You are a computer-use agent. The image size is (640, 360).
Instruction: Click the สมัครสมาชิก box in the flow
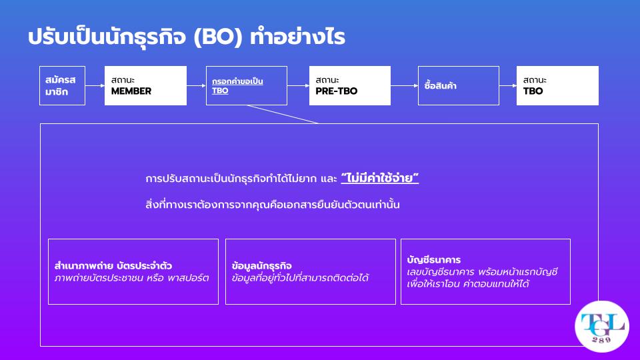62,86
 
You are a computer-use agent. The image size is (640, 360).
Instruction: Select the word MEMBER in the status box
131,91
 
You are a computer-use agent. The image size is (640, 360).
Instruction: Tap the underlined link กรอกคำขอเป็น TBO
237,86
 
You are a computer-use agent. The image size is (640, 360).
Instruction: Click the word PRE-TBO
336,91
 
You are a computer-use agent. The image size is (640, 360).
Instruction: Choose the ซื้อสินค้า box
459,86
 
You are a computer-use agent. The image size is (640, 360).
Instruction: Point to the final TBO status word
533,91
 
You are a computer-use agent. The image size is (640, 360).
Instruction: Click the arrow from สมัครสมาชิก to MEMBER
95,86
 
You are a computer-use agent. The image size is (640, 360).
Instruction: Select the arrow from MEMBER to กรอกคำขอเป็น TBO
196,86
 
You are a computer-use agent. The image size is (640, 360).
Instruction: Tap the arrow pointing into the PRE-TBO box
299,86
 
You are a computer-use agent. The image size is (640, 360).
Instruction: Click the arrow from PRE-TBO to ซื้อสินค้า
404,86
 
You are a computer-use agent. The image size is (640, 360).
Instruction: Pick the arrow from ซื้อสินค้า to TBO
508,86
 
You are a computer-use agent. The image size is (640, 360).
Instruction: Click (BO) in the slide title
218,37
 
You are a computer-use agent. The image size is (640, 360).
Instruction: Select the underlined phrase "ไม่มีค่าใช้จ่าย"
379,179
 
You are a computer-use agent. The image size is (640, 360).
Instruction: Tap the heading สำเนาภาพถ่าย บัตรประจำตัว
113,266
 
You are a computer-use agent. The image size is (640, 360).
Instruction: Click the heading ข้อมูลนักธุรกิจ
261,266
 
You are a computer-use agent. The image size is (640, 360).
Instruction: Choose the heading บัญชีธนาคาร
434,259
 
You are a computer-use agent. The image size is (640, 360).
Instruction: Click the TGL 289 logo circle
601,327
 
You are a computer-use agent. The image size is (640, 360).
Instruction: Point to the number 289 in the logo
601,339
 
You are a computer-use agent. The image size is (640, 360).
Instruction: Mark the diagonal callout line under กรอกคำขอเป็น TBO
283,114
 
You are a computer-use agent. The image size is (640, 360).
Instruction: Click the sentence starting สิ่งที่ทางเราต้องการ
272,204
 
